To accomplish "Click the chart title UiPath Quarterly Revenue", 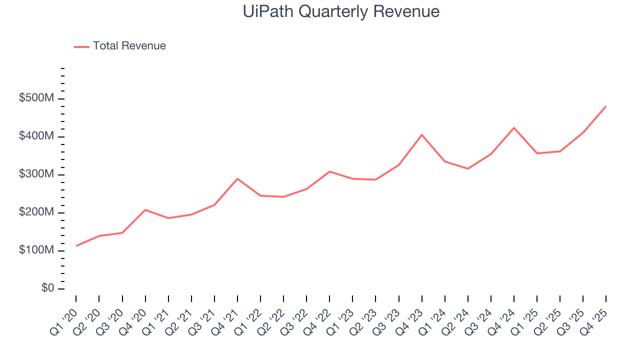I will click(x=341, y=11).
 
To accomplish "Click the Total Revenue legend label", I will click(x=129, y=46).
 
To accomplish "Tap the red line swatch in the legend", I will click(x=81, y=46).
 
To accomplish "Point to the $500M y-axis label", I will click(x=35, y=98).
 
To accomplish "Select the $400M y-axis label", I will click(x=35, y=136).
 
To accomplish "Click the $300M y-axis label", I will click(x=35, y=174).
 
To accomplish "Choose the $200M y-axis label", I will click(x=35, y=212).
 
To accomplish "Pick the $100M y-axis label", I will click(x=35, y=250).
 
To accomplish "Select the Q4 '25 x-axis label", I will click(x=595, y=317).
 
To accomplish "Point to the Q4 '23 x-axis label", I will click(x=410, y=317).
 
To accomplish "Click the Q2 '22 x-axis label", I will click(x=272, y=317).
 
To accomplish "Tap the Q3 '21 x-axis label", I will click(x=203, y=317).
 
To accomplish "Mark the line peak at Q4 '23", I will click(x=422, y=134).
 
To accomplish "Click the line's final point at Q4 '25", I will click(x=606, y=106).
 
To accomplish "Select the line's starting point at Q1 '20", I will click(x=76, y=246).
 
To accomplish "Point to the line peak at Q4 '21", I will click(x=237, y=178).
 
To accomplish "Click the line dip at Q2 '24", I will click(x=468, y=168).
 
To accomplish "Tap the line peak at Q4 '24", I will click(x=514, y=127).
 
